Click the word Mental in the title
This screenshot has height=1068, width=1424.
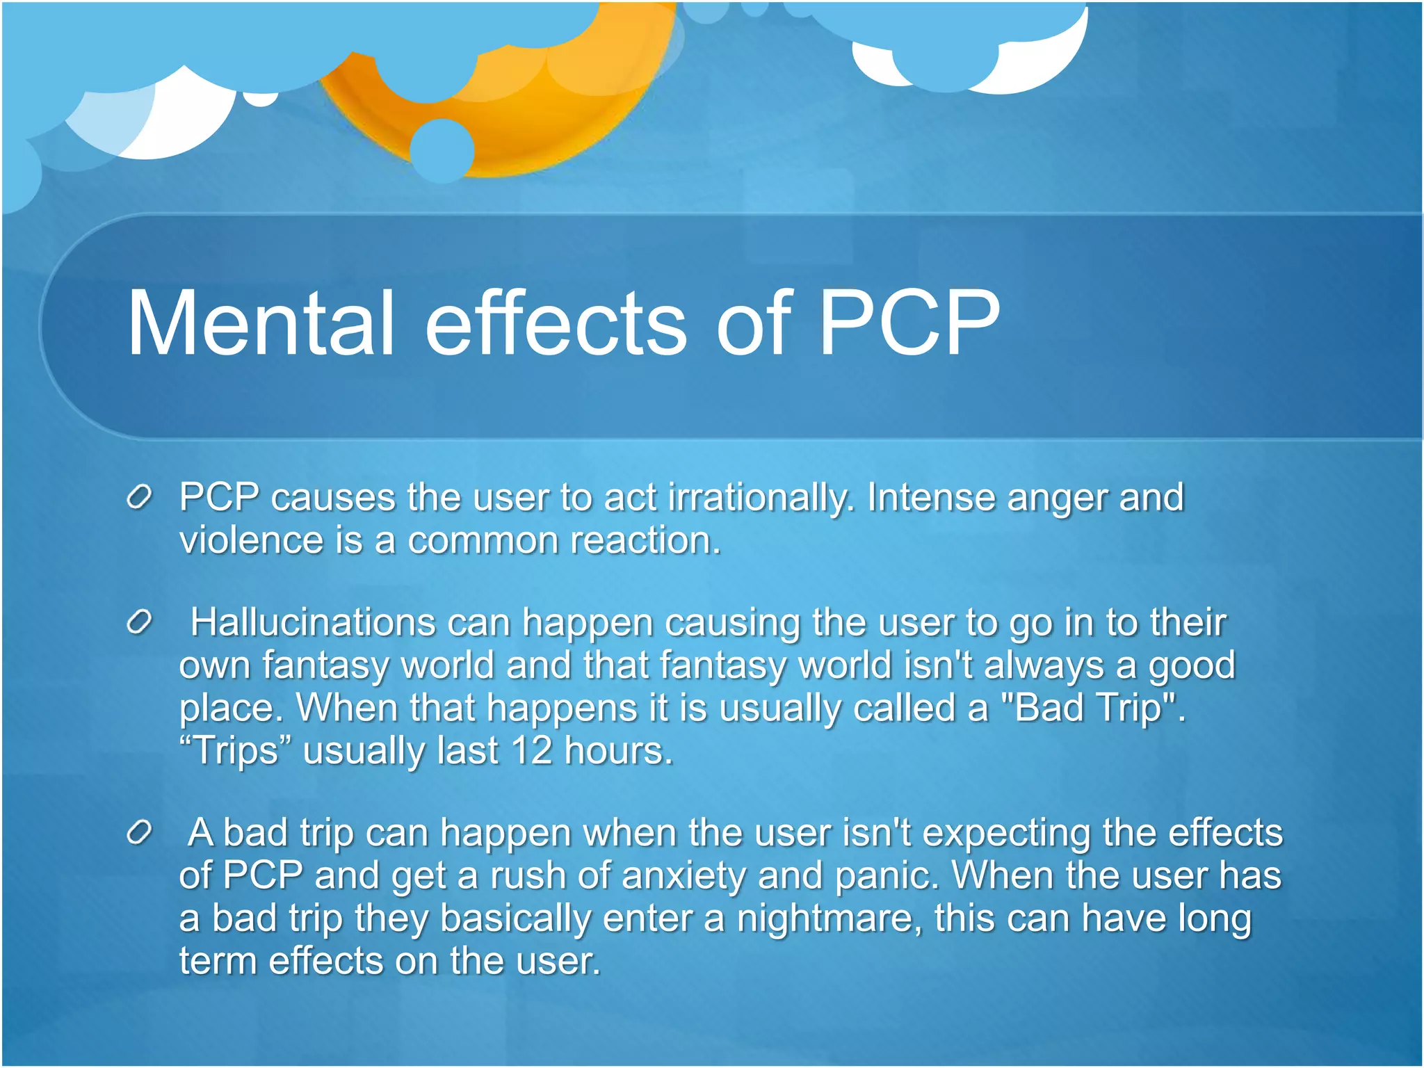tap(261, 323)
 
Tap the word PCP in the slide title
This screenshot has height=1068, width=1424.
tap(909, 323)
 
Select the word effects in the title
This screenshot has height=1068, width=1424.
tap(556, 323)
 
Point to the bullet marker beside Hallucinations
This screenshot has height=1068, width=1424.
tap(139, 622)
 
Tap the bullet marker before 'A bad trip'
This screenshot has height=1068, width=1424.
tap(139, 832)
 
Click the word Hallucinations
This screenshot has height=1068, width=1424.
tap(313, 622)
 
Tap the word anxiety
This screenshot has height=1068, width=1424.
tap(683, 875)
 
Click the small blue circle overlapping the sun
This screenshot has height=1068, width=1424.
tap(442, 149)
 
